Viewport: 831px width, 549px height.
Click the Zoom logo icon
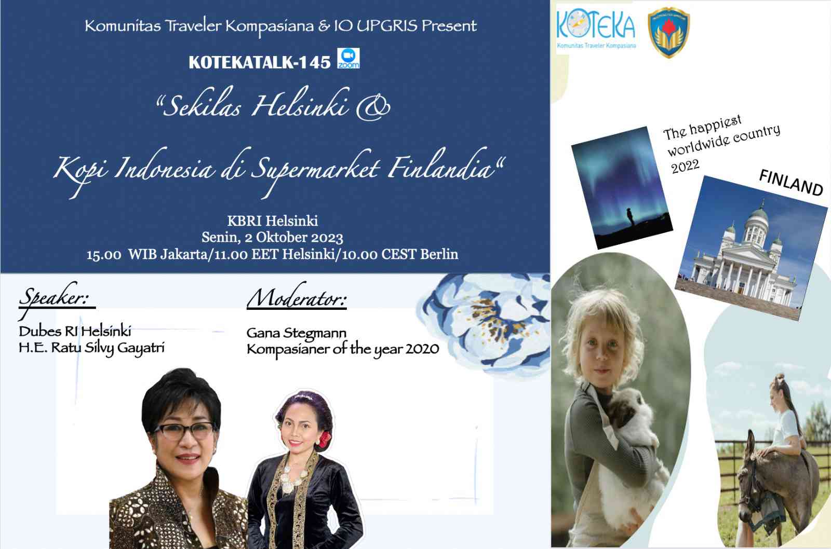click(349, 58)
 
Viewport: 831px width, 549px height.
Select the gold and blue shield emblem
click(668, 33)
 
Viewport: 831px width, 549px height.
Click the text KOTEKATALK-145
click(259, 62)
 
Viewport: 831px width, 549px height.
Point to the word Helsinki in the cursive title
click(301, 103)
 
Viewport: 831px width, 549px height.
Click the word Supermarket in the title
click(315, 169)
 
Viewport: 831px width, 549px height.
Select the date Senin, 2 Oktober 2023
click(272, 237)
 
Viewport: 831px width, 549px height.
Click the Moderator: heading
click(297, 297)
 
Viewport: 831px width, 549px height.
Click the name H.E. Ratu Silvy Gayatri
click(91, 348)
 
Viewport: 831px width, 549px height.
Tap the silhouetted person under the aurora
click(631, 216)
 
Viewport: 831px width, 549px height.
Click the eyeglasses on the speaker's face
click(184, 431)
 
